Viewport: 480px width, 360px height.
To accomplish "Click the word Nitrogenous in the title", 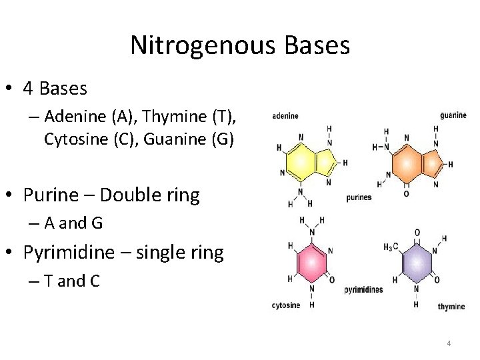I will (x=193, y=46).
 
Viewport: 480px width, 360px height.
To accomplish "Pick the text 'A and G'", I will (x=73, y=223).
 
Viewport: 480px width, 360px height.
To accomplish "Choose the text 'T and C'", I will (x=72, y=281).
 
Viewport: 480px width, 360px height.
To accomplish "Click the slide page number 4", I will (x=449, y=343).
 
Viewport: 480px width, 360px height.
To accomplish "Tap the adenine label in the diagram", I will (x=285, y=115).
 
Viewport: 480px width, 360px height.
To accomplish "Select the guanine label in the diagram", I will (x=453, y=115).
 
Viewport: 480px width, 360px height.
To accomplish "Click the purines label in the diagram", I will (x=359, y=197).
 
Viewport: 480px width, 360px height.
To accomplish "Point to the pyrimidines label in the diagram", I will (x=364, y=290).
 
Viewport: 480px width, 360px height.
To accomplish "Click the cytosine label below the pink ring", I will (x=285, y=305).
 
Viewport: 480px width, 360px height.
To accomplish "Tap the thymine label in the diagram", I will (x=451, y=307).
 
